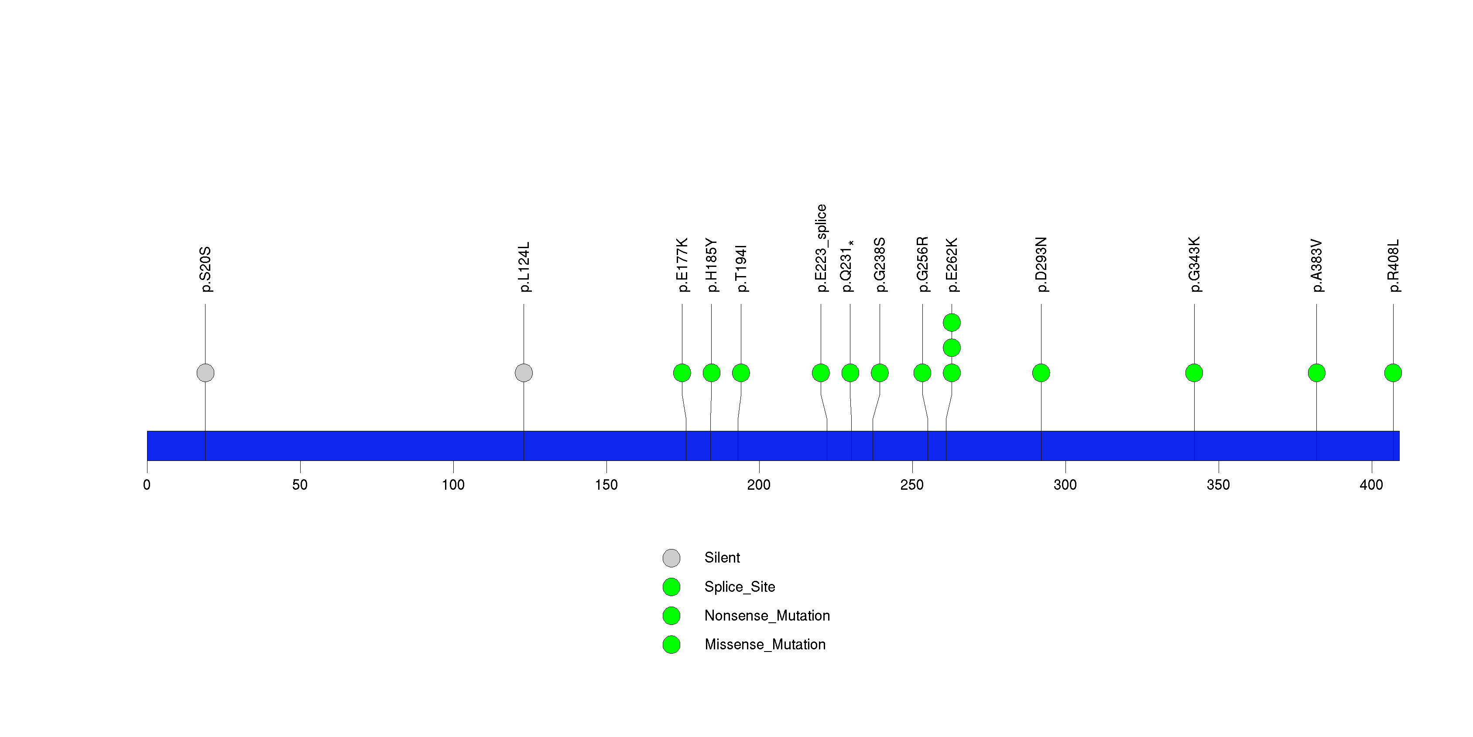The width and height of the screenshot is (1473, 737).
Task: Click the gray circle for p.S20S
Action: pos(205,373)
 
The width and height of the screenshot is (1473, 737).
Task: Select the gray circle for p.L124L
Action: pos(523,373)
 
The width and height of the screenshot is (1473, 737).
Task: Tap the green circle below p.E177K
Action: pos(682,373)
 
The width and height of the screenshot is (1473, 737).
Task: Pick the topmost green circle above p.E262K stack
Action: pos(952,323)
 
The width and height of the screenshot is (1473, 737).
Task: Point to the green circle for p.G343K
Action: pos(1194,373)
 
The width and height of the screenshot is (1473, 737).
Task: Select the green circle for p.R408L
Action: pos(1393,373)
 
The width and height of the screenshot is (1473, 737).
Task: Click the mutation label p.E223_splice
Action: pos(821,248)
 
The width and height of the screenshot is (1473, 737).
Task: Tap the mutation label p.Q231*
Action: pos(847,266)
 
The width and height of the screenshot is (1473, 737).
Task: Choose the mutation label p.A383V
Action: pos(1316,266)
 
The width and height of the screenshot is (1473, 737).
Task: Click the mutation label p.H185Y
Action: pos(711,265)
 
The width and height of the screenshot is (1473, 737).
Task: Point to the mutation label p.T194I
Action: pos(741,269)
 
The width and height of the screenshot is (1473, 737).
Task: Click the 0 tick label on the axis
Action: pos(147,485)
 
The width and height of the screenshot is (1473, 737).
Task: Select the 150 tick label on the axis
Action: pos(606,485)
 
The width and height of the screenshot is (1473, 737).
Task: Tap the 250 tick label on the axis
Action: pos(912,485)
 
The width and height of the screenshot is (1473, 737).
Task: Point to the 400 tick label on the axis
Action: pos(1371,485)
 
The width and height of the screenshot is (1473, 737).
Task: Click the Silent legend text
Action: pos(722,558)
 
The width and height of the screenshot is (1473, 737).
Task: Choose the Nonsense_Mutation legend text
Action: pos(767,616)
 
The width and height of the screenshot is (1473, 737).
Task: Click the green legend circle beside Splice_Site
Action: pos(671,587)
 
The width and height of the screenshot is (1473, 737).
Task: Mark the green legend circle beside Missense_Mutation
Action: pos(671,645)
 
